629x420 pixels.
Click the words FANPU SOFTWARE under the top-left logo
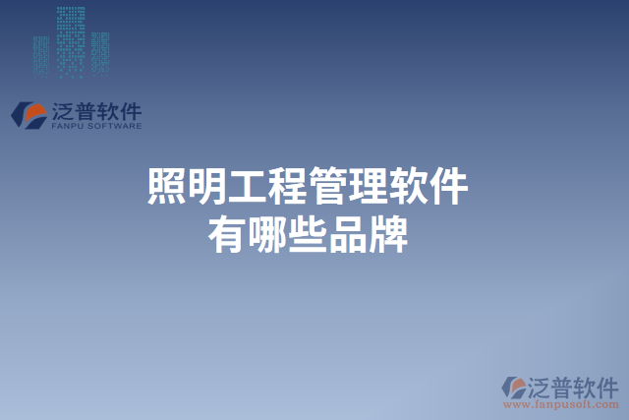[x=95, y=127]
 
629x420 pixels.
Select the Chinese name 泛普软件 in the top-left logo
[x=95, y=110]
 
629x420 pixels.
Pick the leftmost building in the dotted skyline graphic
[x=40, y=57]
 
